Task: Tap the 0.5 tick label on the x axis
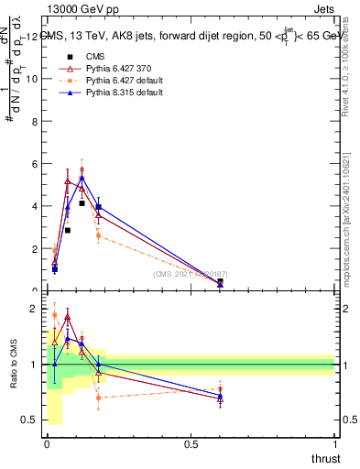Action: coord(191,446)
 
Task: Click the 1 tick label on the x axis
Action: coord(334,446)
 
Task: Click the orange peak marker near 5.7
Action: coord(82,170)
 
